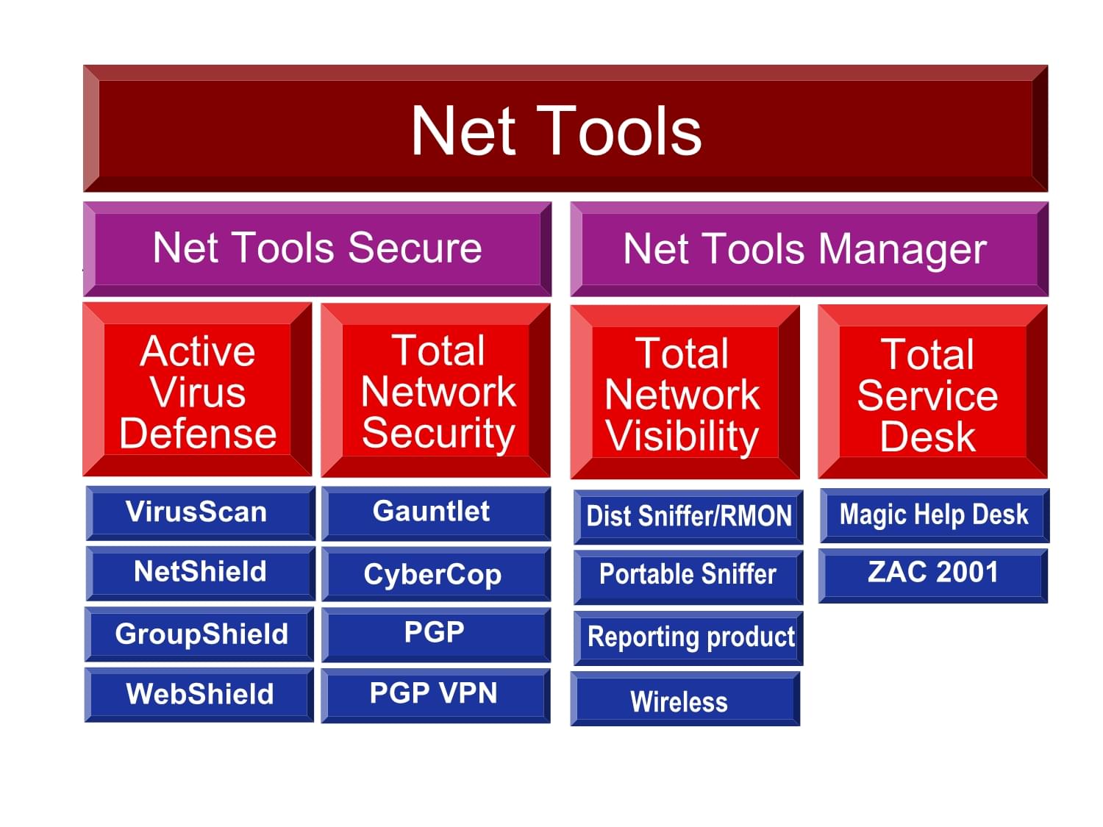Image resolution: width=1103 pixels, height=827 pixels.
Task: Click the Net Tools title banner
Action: pos(565,129)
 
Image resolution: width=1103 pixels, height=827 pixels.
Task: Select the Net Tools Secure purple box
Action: pos(317,248)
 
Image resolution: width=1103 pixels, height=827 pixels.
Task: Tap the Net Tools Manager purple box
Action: pos(809,249)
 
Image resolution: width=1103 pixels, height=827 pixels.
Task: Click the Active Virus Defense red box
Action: pos(197,390)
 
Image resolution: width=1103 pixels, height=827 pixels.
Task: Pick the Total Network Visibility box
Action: pos(685,393)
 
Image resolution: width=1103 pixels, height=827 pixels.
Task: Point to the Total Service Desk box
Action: pos(932,393)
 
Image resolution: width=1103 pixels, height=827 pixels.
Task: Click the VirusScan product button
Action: pos(199,512)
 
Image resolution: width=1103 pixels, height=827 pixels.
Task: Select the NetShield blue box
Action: pos(199,573)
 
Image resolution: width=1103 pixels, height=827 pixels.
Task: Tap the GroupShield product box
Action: pos(199,634)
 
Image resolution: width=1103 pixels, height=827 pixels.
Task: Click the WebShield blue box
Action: pos(199,694)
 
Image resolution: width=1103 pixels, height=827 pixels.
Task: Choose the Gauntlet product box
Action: pos(435,512)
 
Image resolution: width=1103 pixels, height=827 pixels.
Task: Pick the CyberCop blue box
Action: pos(435,573)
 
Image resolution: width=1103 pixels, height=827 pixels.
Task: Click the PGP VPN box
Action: pos(435,694)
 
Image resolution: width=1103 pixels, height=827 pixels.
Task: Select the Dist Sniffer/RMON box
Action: pos(688,517)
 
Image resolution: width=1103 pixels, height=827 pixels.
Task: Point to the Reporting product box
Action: pos(688,637)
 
